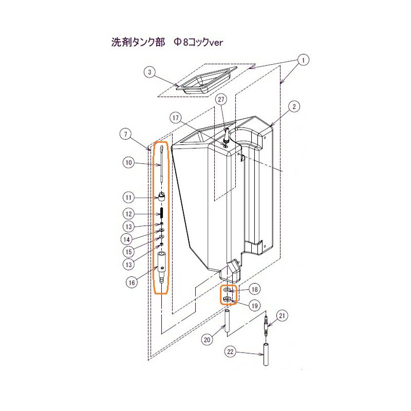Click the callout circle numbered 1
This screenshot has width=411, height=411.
[304, 60]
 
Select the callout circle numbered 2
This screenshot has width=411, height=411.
[293, 107]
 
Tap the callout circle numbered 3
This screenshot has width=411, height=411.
[149, 72]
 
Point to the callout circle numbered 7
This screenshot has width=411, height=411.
[125, 135]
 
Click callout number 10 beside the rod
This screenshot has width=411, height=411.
[129, 163]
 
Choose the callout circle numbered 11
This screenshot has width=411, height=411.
[129, 197]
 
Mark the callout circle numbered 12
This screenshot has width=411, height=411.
[129, 214]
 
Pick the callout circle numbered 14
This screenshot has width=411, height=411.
[129, 239]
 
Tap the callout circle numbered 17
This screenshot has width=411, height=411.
[177, 118]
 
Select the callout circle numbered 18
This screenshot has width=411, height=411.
[254, 289]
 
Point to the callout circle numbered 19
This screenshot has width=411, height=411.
[254, 306]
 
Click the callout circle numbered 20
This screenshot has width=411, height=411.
[207, 339]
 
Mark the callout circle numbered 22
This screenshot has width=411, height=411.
[231, 351]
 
